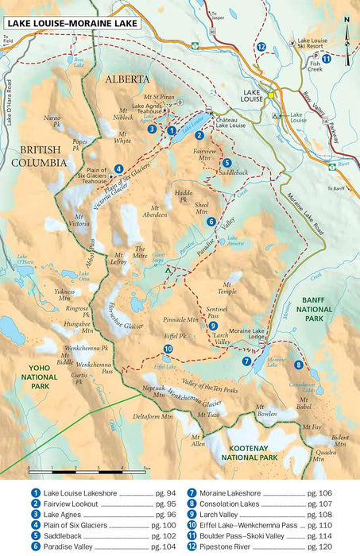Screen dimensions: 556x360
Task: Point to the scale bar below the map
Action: (x=87, y=470)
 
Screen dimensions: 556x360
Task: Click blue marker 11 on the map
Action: (x=327, y=58)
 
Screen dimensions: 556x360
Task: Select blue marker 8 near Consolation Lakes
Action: (x=298, y=365)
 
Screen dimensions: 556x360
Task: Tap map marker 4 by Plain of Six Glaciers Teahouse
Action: (x=118, y=168)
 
